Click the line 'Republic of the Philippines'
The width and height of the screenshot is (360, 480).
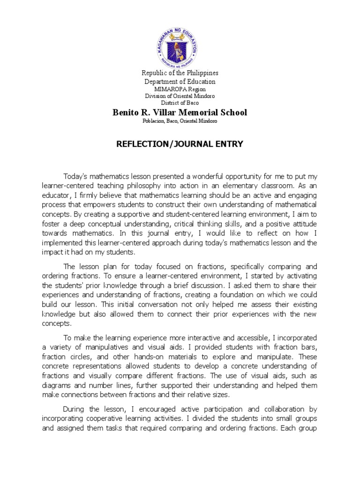coord(180,73)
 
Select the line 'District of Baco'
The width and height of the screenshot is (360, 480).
coord(180,102)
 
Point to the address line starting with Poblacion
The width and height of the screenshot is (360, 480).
coord(180,121)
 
